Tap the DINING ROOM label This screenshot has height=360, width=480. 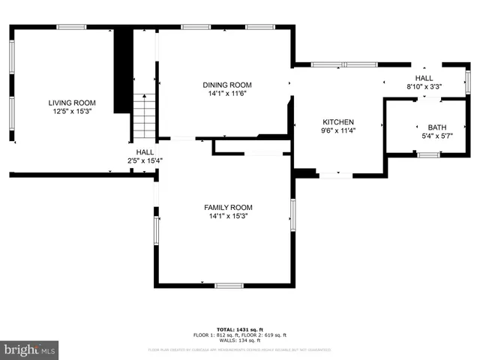click(227, 85)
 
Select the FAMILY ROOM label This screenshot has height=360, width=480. click(228, 207)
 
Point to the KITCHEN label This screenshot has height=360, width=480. click(338, 122)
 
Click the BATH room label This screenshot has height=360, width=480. click(436, 127)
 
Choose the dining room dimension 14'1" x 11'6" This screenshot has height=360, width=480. click(227, 94)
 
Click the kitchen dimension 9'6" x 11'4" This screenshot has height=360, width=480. click(338, 130)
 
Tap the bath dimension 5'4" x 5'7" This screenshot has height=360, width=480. click(436, 136)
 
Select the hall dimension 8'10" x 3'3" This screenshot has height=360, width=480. click(424, 86)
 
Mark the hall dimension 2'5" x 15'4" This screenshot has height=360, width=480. click(145, 160)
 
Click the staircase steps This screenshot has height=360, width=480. click(144, 117)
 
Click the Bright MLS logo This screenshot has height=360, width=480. click(30, 349)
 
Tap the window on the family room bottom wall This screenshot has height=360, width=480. click(229, 285)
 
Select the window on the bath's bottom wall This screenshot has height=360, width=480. click(428, 155)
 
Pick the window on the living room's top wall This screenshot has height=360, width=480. click(71, 27)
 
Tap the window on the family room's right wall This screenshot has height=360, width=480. click(292, 214)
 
